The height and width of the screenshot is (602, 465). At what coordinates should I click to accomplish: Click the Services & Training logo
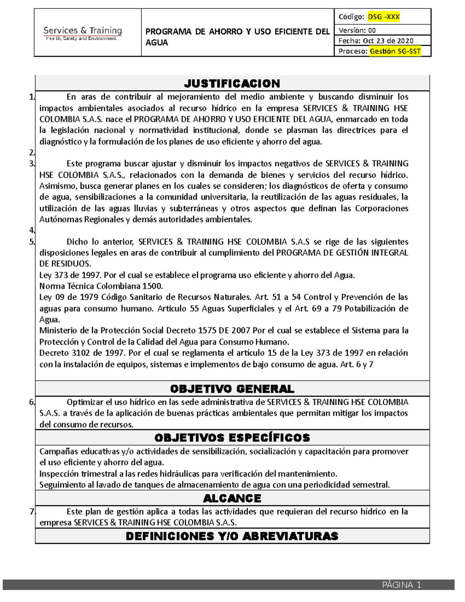click(83, 33)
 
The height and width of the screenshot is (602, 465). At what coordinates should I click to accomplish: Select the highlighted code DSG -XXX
click(384, 17)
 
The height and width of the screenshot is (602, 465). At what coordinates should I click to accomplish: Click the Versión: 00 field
click(357, 30)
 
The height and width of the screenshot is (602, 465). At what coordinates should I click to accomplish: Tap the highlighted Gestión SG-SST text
click(395, 51)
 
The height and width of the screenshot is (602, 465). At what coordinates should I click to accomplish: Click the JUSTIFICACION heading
click(232, 83)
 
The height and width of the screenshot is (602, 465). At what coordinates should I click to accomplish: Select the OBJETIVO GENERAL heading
click(232, 389)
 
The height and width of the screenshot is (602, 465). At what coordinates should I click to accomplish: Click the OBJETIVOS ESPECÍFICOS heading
click(232, 438)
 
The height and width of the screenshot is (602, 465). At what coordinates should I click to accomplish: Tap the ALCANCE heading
click(232, 498)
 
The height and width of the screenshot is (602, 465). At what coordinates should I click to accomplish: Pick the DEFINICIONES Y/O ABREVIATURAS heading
click(232, 536)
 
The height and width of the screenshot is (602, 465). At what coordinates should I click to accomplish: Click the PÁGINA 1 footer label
click(401, 585)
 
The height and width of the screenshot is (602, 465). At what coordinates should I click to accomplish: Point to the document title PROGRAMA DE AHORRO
click(237, 37)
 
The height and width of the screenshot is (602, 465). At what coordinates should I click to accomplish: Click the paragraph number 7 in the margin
click(32, 512)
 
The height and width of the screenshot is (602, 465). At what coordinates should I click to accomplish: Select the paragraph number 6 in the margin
click(32, 402)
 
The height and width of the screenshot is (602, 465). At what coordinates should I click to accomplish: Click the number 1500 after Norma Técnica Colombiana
click(152, 286)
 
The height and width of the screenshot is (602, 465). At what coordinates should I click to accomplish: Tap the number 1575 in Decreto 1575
click(208, 331)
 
